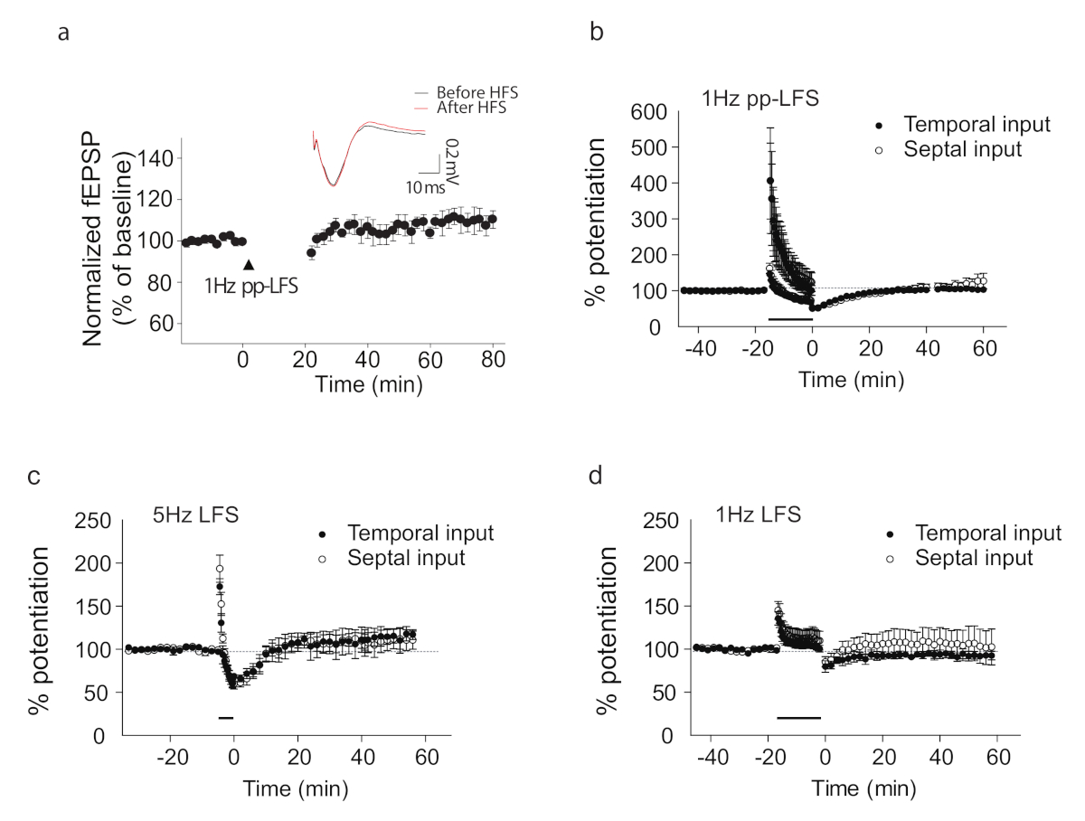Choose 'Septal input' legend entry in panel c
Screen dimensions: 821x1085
point(406,558)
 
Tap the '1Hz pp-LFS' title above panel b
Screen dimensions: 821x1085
point(761,99)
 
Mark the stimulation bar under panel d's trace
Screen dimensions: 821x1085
point(798,717)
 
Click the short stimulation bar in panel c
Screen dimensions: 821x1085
point(226,717)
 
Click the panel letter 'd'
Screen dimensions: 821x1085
point(595,476)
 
